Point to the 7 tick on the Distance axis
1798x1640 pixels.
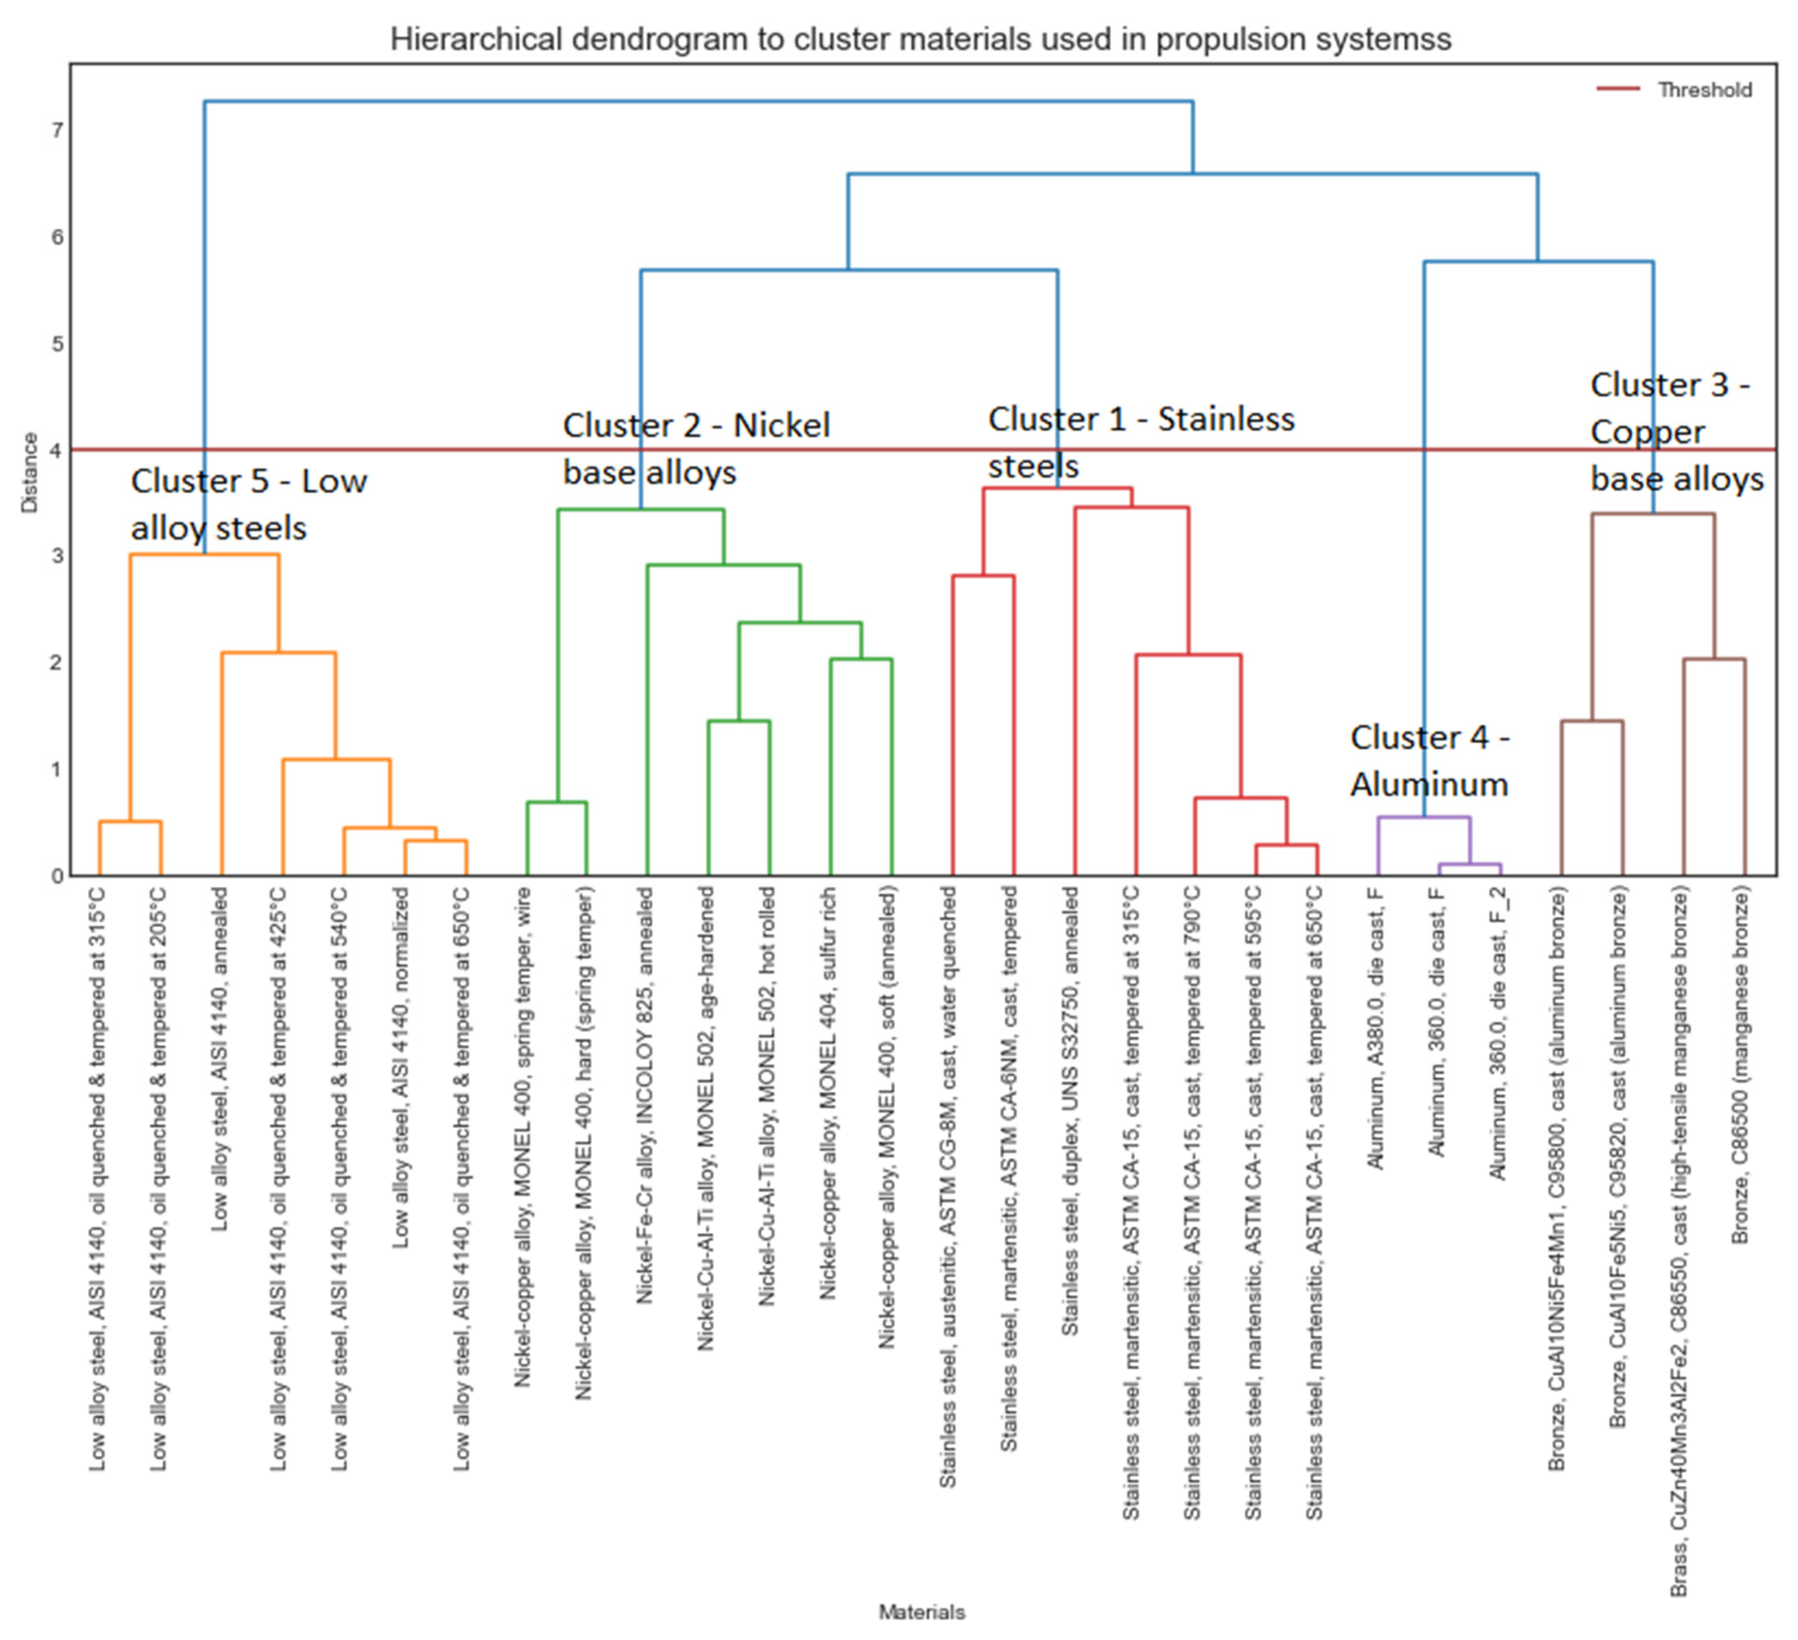[57, 131]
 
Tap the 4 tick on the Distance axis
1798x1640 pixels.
[57, 450]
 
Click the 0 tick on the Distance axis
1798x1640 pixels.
[57, 876]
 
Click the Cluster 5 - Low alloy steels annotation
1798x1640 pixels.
[248, 505]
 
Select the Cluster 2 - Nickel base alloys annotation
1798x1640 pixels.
[695, 449]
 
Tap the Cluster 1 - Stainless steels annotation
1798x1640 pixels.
[1140, 442]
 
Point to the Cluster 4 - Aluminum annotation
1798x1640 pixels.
[1429, 761]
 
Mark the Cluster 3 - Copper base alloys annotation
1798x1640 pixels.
[1676, 433]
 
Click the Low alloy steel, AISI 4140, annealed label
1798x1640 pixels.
[220, 1059]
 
